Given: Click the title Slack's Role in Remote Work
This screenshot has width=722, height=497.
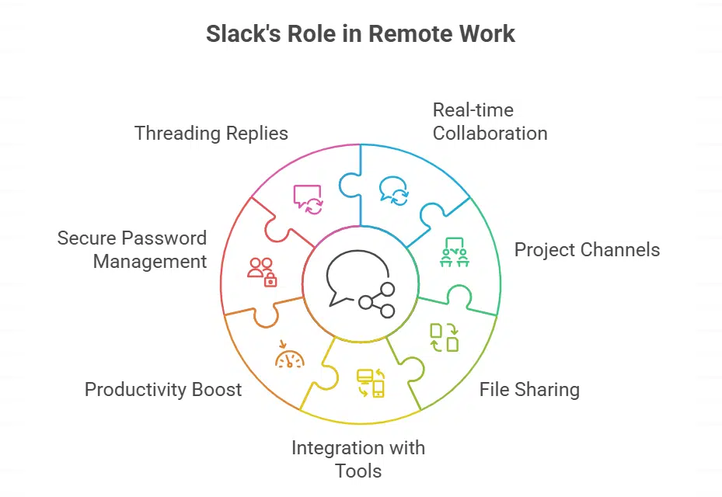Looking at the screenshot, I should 361,34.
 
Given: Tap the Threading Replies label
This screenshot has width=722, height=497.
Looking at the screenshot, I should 211,133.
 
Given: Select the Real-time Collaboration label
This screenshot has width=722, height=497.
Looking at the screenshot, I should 490,121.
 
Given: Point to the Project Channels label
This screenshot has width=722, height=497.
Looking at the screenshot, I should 587,249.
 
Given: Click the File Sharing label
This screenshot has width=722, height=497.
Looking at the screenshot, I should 529,389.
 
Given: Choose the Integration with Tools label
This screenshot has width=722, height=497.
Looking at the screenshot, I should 358,459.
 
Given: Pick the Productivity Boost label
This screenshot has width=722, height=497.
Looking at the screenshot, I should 163,389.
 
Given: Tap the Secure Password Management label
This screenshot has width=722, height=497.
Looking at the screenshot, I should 132,249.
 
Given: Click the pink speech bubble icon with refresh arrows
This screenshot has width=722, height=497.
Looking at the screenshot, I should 308,199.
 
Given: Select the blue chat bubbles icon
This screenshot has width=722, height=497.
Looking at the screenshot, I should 393,191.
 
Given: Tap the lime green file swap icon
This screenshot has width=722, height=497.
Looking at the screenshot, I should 445,336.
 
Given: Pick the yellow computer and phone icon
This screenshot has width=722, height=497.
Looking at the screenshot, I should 371,383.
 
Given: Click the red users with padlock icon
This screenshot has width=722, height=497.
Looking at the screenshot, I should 262,272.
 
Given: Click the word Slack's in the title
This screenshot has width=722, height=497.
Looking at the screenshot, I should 238,34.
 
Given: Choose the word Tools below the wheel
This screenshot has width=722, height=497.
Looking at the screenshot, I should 358,471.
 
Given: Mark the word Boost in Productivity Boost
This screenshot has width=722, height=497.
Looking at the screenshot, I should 218,389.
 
